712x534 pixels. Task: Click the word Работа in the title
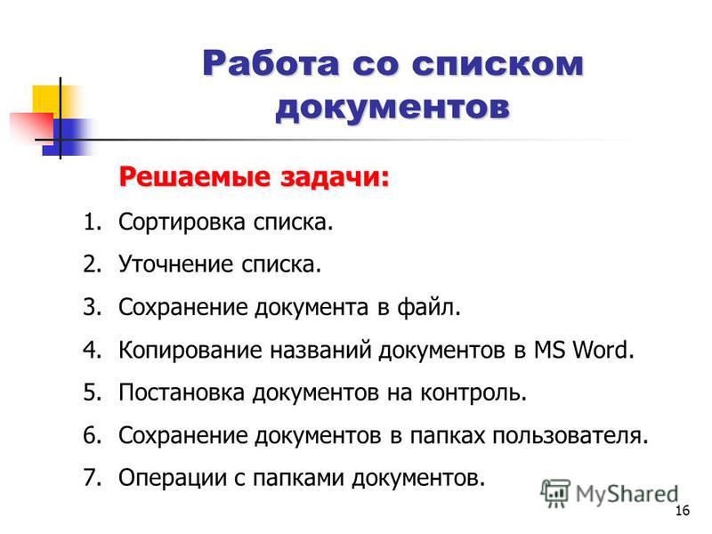click(x=271, y=63)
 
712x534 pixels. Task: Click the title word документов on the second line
click(x=392, y=107)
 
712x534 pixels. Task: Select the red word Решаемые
click(x=195, y=176)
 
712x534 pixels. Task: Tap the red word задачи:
click(x=335, y=176)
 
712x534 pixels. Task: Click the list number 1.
click(x=92, y=222)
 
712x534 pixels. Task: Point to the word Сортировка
click(x=182, y=222)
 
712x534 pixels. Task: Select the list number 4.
click(x=92, y=350)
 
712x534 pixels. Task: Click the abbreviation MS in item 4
click(x=549, y=350)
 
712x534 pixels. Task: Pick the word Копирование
click(x=190, y=350)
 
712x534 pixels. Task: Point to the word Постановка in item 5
click(x=182, y=392)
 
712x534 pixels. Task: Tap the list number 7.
click(x=92, y=478)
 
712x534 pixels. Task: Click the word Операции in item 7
click(x=172, y=479)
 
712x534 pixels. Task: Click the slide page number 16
click(x=683, y=510)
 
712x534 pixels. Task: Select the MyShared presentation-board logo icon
click(x=554, y=494)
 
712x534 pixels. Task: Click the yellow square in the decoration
click(x=47, y=99)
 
